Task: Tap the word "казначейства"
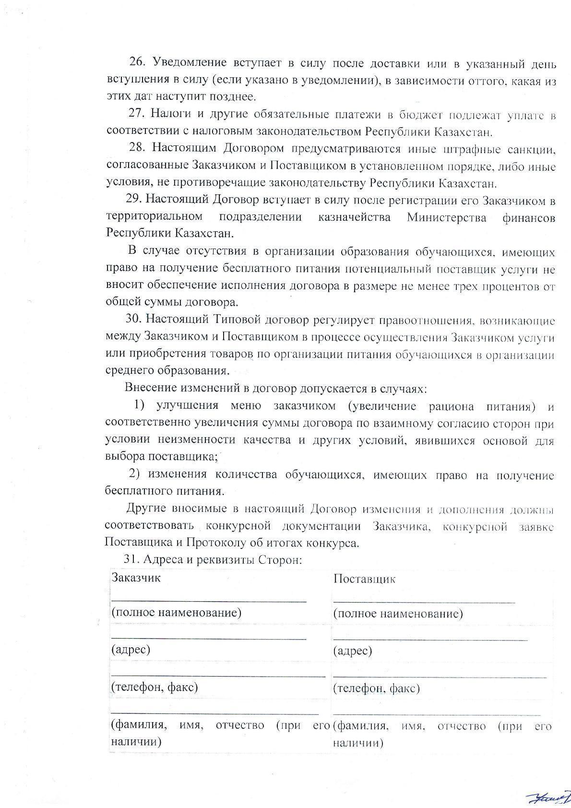(x=354, y=217)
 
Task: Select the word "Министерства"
(x=446, y=217)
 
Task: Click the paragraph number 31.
(x=131, y=559)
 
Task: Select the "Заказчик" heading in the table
(x=136, y=578)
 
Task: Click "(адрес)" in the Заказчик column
(x=131, y=650)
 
